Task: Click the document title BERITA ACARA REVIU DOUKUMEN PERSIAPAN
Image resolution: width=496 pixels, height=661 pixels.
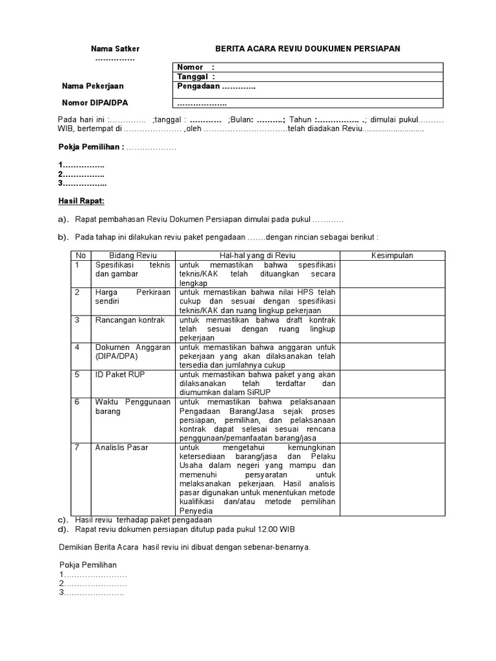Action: pos(307,49)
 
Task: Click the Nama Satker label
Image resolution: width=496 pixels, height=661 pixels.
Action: pos(115,49)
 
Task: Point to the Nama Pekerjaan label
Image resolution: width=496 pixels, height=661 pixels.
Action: pos(92,86)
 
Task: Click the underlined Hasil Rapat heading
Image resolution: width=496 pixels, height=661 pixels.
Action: pos(81,201)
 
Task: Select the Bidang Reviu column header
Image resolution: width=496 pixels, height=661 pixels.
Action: pos(133,256)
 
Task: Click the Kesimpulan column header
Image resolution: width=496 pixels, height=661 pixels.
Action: pos(392,256)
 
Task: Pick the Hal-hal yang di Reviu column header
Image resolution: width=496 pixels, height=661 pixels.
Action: pos(257,256)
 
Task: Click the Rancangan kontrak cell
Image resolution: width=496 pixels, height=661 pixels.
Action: pos(130,320)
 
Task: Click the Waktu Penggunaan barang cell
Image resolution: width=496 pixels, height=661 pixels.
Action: pos(133,407)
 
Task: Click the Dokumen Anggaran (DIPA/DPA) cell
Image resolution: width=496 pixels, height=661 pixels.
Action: pos(133,352)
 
